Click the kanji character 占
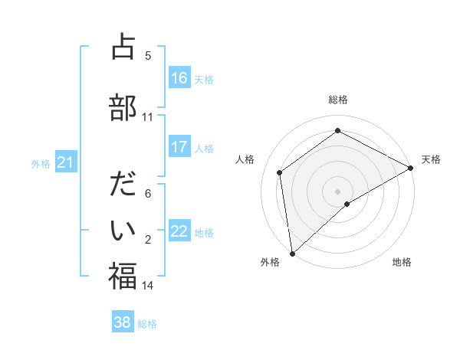(x=123, y=47)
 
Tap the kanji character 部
(x=123, y=108)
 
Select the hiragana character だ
(x=123, y=185)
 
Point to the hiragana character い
(x=123, y=231)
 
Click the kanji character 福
(x=123, y=277)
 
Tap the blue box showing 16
(x=179, y=78)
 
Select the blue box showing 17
(x=179, y=148)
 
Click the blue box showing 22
(x=179, y=231)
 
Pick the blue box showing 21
(x=66, y=162)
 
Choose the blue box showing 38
(x=123, y=322)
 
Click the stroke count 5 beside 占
(x=148, y=55)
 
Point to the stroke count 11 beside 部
(x=148, y=117)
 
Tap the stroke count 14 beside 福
(x=148, y=286)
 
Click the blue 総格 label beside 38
(x=147, y=324)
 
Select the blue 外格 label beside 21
(x=40, y=164)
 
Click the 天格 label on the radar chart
(x=431, y=159)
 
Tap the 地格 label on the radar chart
(x=402, y=263)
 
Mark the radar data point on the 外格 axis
(x=292, y=254)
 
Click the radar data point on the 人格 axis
(x=280, y=172)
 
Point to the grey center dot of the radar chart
(x=337, y=191)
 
